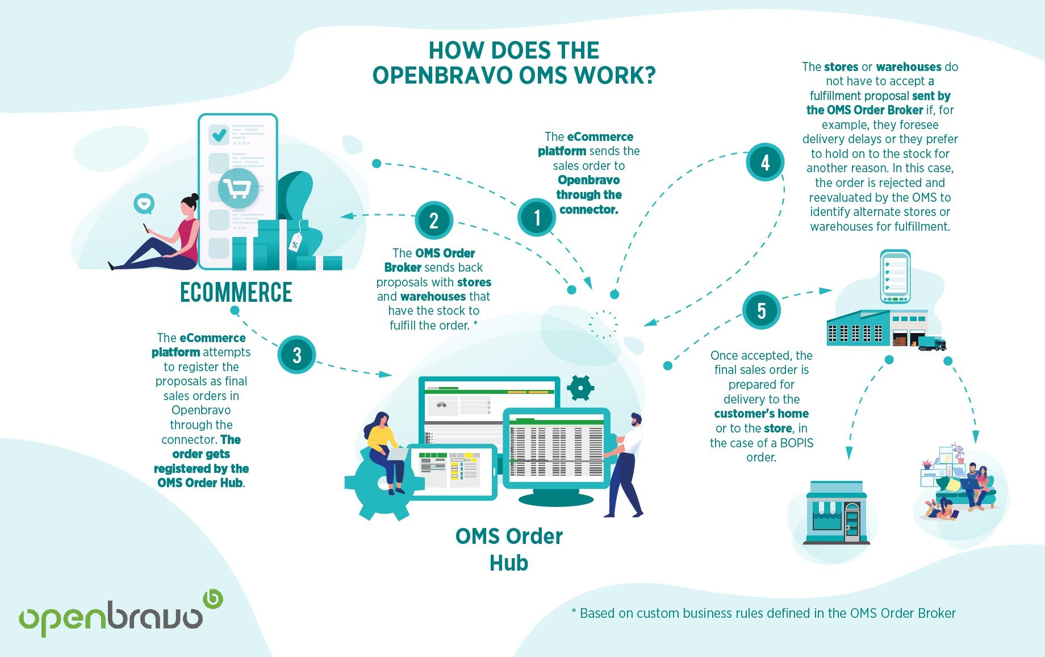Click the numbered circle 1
(x=537, y=217)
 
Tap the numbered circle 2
(x=434, y=221)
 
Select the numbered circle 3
(x=296, y=355)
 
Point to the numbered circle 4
(x=765, y=163)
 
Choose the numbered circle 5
(x=761, y=310)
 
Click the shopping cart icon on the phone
(x=237, y=188)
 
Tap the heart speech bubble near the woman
(x=144, y=203)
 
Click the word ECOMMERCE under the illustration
(x=236, y=292)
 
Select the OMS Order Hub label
(x=509, y=549)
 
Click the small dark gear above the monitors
(x=580, y=388)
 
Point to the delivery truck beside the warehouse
(x=931, y=343)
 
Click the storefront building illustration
(x=837, y=513)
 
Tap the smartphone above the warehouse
(x=895, y=277)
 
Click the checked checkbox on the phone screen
(x=219, y=135)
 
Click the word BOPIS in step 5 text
(x=796, y=443)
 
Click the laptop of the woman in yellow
(x=397, y=454)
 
